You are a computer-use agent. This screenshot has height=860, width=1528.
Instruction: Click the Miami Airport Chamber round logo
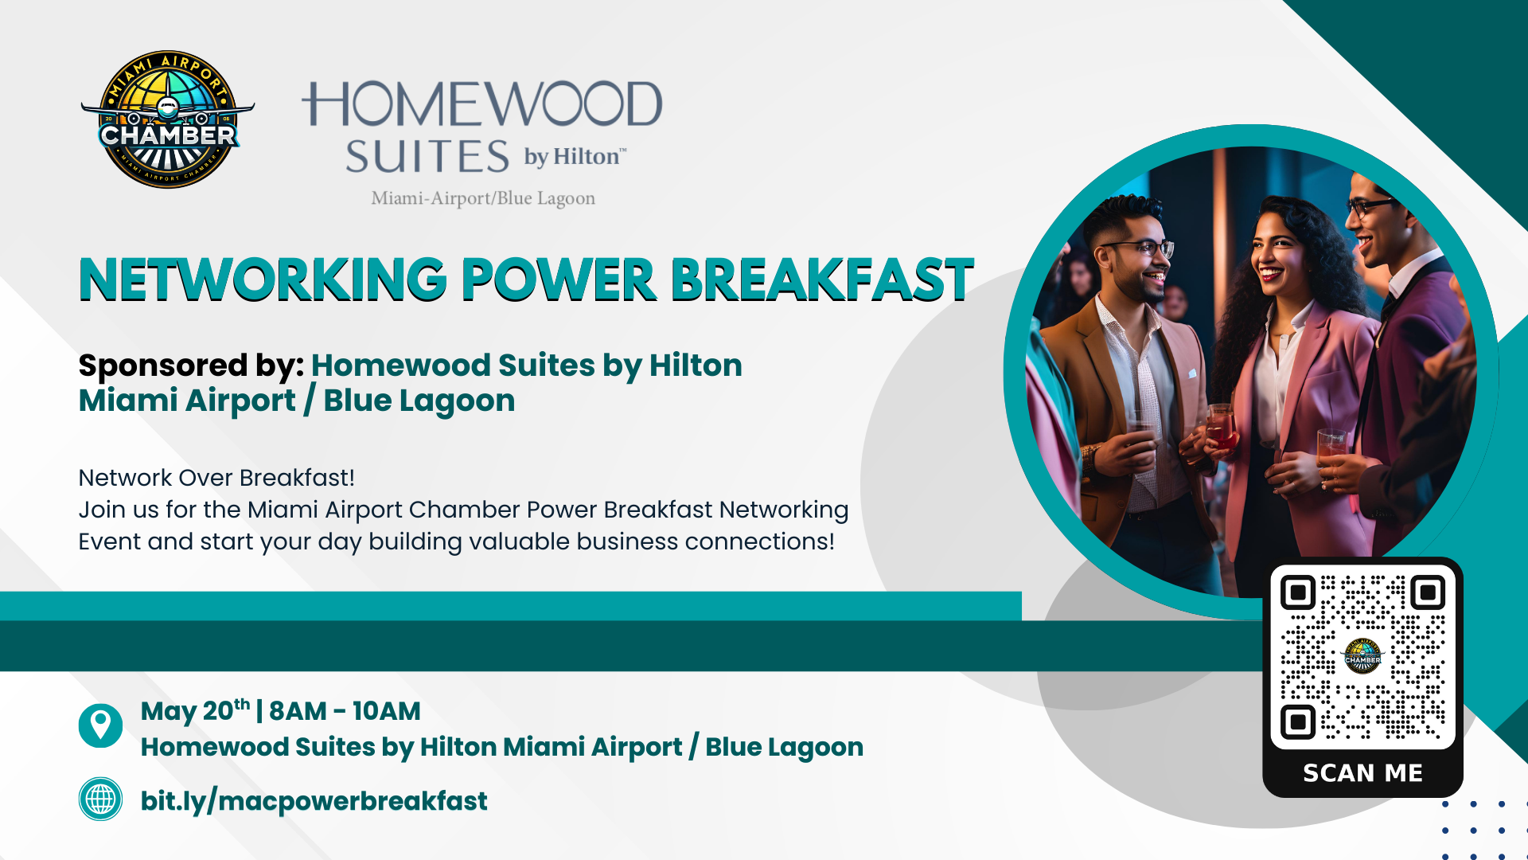pos(167,119)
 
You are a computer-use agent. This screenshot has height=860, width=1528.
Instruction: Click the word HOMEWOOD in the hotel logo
pos(481,104)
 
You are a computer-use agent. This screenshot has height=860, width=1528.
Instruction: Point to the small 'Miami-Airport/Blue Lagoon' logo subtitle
pos(483,198)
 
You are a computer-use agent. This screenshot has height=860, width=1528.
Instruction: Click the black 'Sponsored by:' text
pos(191,365)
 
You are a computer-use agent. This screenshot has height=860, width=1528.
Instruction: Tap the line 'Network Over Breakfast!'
pos(216,478)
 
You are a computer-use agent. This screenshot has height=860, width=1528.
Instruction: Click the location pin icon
pos(100,725)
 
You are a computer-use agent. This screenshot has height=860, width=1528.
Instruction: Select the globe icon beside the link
pos(100,799)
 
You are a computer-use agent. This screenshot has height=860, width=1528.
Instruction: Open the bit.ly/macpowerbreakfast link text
pos(314,801)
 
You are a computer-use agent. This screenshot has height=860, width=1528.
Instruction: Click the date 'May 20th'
pos(195,710)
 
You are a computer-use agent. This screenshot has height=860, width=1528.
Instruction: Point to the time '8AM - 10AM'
pos(345,711)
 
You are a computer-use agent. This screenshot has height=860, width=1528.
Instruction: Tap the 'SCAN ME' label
pos(1362,773)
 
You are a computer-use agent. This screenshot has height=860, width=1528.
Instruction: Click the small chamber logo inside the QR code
pos(1362,656)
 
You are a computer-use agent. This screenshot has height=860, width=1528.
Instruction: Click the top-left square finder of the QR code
pos(1298,592)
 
